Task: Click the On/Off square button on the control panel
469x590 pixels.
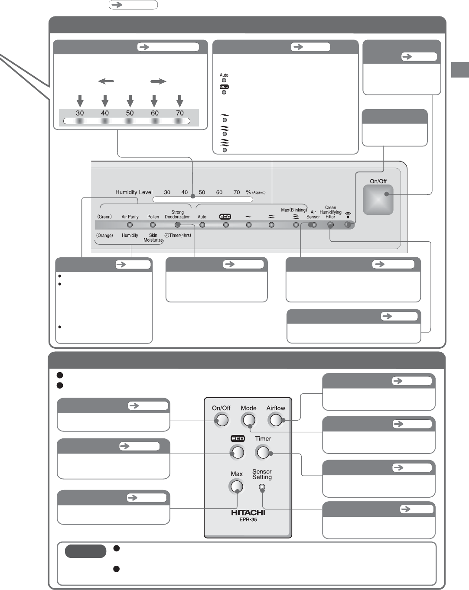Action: pyautogui.click(x=378, y=200)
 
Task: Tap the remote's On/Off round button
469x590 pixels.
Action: pyautogui.click(x=222, y=420)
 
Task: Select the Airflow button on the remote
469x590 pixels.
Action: pyautogui.click(x=276, y=420)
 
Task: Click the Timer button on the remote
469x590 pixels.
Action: pyautogui.click(x=263, y=453)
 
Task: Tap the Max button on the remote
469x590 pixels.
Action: pyautogui.click(x=237, y=487)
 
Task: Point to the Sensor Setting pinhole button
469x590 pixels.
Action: pyautogui.click(x=262, y=487)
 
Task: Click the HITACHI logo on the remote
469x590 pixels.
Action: pyautogui.click(x=248, y=512)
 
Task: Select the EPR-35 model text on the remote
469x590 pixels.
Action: pyautogui.click(x=248, y=519)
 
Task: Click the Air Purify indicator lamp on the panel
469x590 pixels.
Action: pyautogui.click(x=130, y=225)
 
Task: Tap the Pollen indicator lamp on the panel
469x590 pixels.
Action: pyautogui.click(x=153, y=225)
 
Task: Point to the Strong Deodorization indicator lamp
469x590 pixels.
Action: pyautogui.click(x=177, y=225)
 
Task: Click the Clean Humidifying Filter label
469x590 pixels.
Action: pyautogui.click(x=331, y=212)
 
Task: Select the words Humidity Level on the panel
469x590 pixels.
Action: pyautogui.click(x=134, y=192)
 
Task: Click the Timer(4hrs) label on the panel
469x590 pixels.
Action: pyautogui.click(x=178, y=236)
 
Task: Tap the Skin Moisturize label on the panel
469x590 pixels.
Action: pyautogui.click(x=153, y=238)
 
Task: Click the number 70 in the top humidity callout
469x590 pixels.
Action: pyautogui.click(x=180, y=113)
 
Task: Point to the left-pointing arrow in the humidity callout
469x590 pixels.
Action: pyautogui.click(x=106, y=81)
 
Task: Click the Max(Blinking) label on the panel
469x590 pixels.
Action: pyautogui.click(x=294, y=210)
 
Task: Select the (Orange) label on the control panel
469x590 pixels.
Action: pyautogui.click(x=104, y=236)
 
